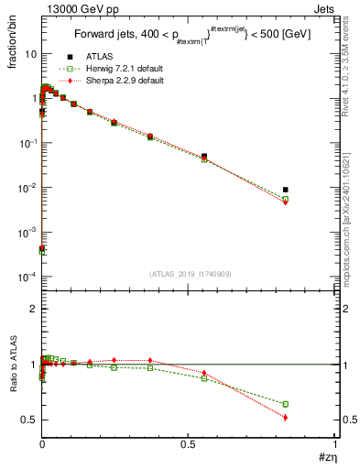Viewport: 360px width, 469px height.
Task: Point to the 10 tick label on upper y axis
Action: point(29,54)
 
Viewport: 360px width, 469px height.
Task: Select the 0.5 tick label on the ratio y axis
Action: point(28,420)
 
